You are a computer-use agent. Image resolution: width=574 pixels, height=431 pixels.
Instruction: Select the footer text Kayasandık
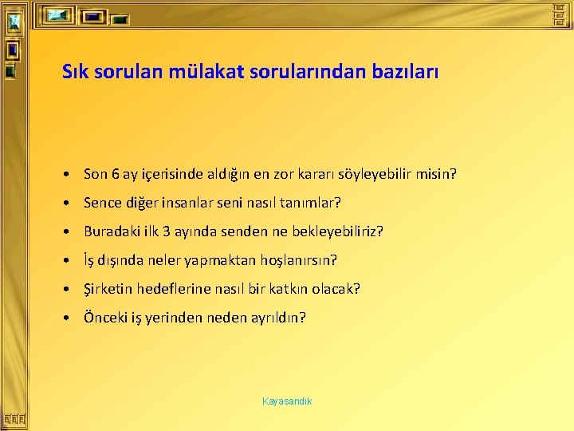click(x=287, y=401)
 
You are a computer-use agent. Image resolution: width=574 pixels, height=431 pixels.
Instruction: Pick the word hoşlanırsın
click(x=300, y=260)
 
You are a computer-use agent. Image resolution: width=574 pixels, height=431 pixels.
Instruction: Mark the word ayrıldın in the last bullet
click(x=279, y=318)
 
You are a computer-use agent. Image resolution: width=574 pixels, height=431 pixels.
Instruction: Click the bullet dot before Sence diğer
click(x=71, y=204)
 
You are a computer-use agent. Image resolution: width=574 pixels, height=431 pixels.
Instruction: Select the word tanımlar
click(x=313, y=203)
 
